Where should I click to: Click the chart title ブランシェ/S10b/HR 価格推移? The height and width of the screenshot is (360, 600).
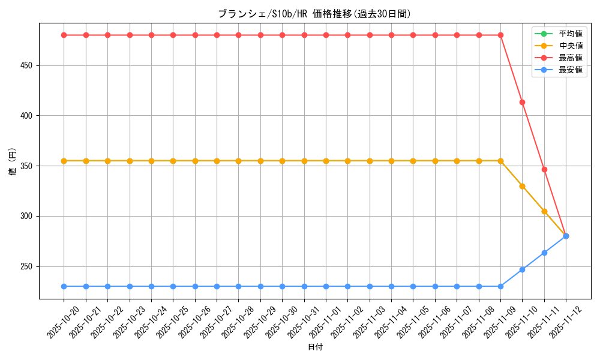314,14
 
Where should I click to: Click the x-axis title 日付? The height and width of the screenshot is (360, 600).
315,347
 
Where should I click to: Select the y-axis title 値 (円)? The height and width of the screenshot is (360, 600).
13,162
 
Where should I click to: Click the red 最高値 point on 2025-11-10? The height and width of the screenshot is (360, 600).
522,102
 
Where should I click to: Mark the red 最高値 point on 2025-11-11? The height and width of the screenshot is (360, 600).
544,169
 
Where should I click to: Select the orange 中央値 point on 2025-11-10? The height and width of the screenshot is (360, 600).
522,186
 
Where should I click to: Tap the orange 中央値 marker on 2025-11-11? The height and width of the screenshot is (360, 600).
544,211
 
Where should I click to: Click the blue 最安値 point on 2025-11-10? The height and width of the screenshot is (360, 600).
522,269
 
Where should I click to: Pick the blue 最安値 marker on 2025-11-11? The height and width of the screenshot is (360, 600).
544,253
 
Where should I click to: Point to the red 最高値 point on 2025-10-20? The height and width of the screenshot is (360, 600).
64,35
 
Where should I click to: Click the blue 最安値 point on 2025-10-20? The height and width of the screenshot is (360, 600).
64,286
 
